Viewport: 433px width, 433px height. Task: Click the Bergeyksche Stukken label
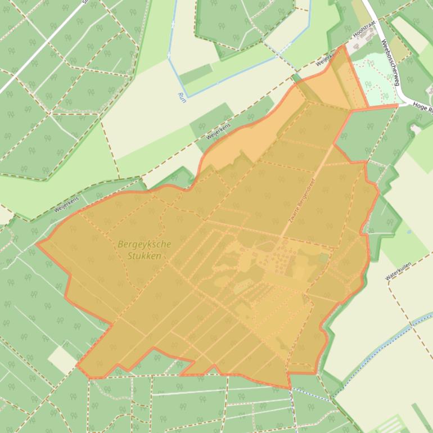(144, 250)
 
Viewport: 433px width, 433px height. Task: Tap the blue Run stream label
(181, 96)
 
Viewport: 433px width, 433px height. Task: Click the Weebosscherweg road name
(389, 62)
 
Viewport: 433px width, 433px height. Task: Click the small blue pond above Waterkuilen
(408, 231)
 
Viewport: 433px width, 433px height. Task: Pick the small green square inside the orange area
(323, 258)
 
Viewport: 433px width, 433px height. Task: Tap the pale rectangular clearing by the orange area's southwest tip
(62, 359)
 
